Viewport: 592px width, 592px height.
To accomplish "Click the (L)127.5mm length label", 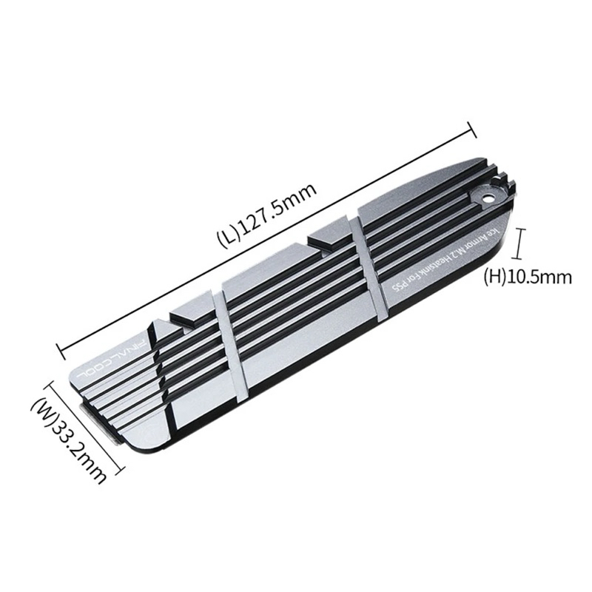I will pyautogui.click(x=266, y=215).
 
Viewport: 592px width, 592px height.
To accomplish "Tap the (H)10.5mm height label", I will pyautogui.click(x=528, y=277).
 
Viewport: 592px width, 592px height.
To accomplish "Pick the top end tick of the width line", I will pyautogui.click(x=50, y=384).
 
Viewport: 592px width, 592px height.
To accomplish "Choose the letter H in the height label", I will pyautogui.click(x=492, y=278).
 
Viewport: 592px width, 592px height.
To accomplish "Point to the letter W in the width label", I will pyautogui.click(x=45, y=411).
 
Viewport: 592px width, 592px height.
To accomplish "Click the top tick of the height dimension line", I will pyautogui.click(x=524, y=229).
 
